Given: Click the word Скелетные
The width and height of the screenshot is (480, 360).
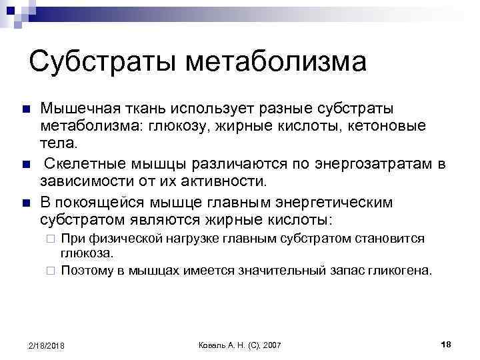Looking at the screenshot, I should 85,163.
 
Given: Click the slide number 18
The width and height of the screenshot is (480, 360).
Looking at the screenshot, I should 447,343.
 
